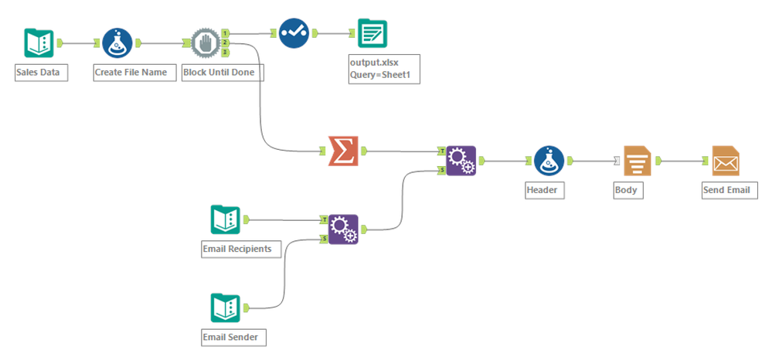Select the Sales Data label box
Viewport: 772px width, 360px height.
pos(41,73)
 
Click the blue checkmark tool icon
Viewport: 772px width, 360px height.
pos(294,32)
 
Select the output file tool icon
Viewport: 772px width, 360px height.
pos(372,33)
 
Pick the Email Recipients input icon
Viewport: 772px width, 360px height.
pos(226,220)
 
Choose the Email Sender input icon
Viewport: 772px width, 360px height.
pos(226,307)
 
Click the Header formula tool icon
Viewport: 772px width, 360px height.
pos(547,161)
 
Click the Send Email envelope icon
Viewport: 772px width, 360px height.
pos(725,161)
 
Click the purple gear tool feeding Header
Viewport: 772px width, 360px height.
pos(461,161)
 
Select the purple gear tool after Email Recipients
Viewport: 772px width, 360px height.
pos(343,229)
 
